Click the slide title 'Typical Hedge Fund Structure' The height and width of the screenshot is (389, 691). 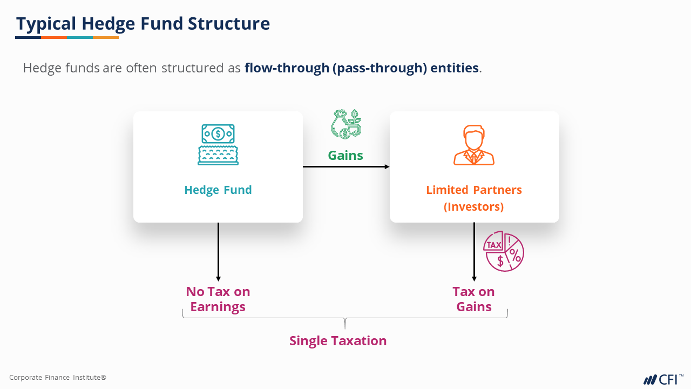point(143,24)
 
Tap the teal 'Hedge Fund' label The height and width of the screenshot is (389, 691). point(218,190)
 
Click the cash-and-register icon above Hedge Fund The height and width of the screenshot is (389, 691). point(218,144)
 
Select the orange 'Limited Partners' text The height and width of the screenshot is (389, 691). point(474,190)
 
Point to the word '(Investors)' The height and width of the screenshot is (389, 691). point(474,207)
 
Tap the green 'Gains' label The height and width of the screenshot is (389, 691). point(345,156)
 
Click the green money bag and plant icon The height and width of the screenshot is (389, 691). point(346,124)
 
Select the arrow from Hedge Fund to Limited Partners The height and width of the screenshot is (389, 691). point(346,166)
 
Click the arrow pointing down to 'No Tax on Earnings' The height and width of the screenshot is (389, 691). point(218,251)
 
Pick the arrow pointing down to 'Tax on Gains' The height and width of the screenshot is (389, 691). point(474,251)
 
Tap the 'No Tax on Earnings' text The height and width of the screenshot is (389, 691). point(218,299)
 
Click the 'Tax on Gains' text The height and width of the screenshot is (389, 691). point(474,299)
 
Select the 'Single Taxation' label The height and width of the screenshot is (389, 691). point(338,341)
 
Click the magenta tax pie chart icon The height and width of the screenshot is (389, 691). point(504,252)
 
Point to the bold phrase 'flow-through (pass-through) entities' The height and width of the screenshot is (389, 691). point(362,68)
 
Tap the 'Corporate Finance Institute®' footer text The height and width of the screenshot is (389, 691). point(58,378)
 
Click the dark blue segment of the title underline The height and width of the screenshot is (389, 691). point(28,37)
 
